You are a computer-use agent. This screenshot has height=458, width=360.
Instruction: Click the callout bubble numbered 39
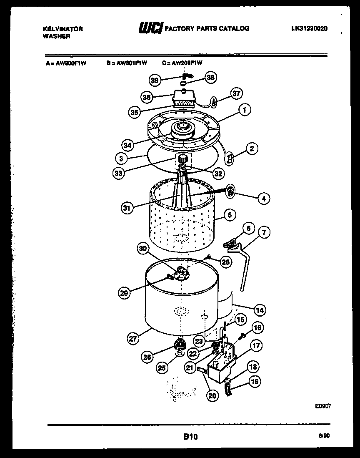(155, 80)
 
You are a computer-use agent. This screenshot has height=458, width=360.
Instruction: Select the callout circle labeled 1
(245, 110)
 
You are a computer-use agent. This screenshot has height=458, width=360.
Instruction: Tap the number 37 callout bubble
(236, 93)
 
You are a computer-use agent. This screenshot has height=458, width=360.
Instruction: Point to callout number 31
(127, 207)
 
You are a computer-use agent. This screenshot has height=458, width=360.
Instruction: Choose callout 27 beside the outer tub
(132, 339)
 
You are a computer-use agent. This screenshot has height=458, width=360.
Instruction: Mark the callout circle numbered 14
(260, 310)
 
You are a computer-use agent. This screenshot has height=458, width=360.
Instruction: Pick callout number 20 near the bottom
(212, 396)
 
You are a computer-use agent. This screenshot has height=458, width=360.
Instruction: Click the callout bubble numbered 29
(124, 293)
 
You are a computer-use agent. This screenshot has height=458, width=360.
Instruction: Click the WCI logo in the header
(150, 28)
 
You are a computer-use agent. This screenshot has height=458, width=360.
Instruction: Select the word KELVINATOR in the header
(63, 29)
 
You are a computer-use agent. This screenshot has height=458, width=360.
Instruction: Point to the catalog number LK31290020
(310, 28)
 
